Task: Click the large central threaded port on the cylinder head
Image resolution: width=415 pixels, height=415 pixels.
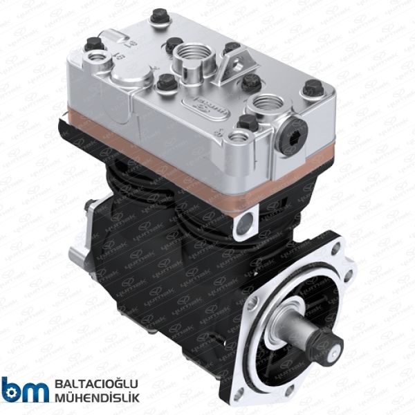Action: coord(189,55)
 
